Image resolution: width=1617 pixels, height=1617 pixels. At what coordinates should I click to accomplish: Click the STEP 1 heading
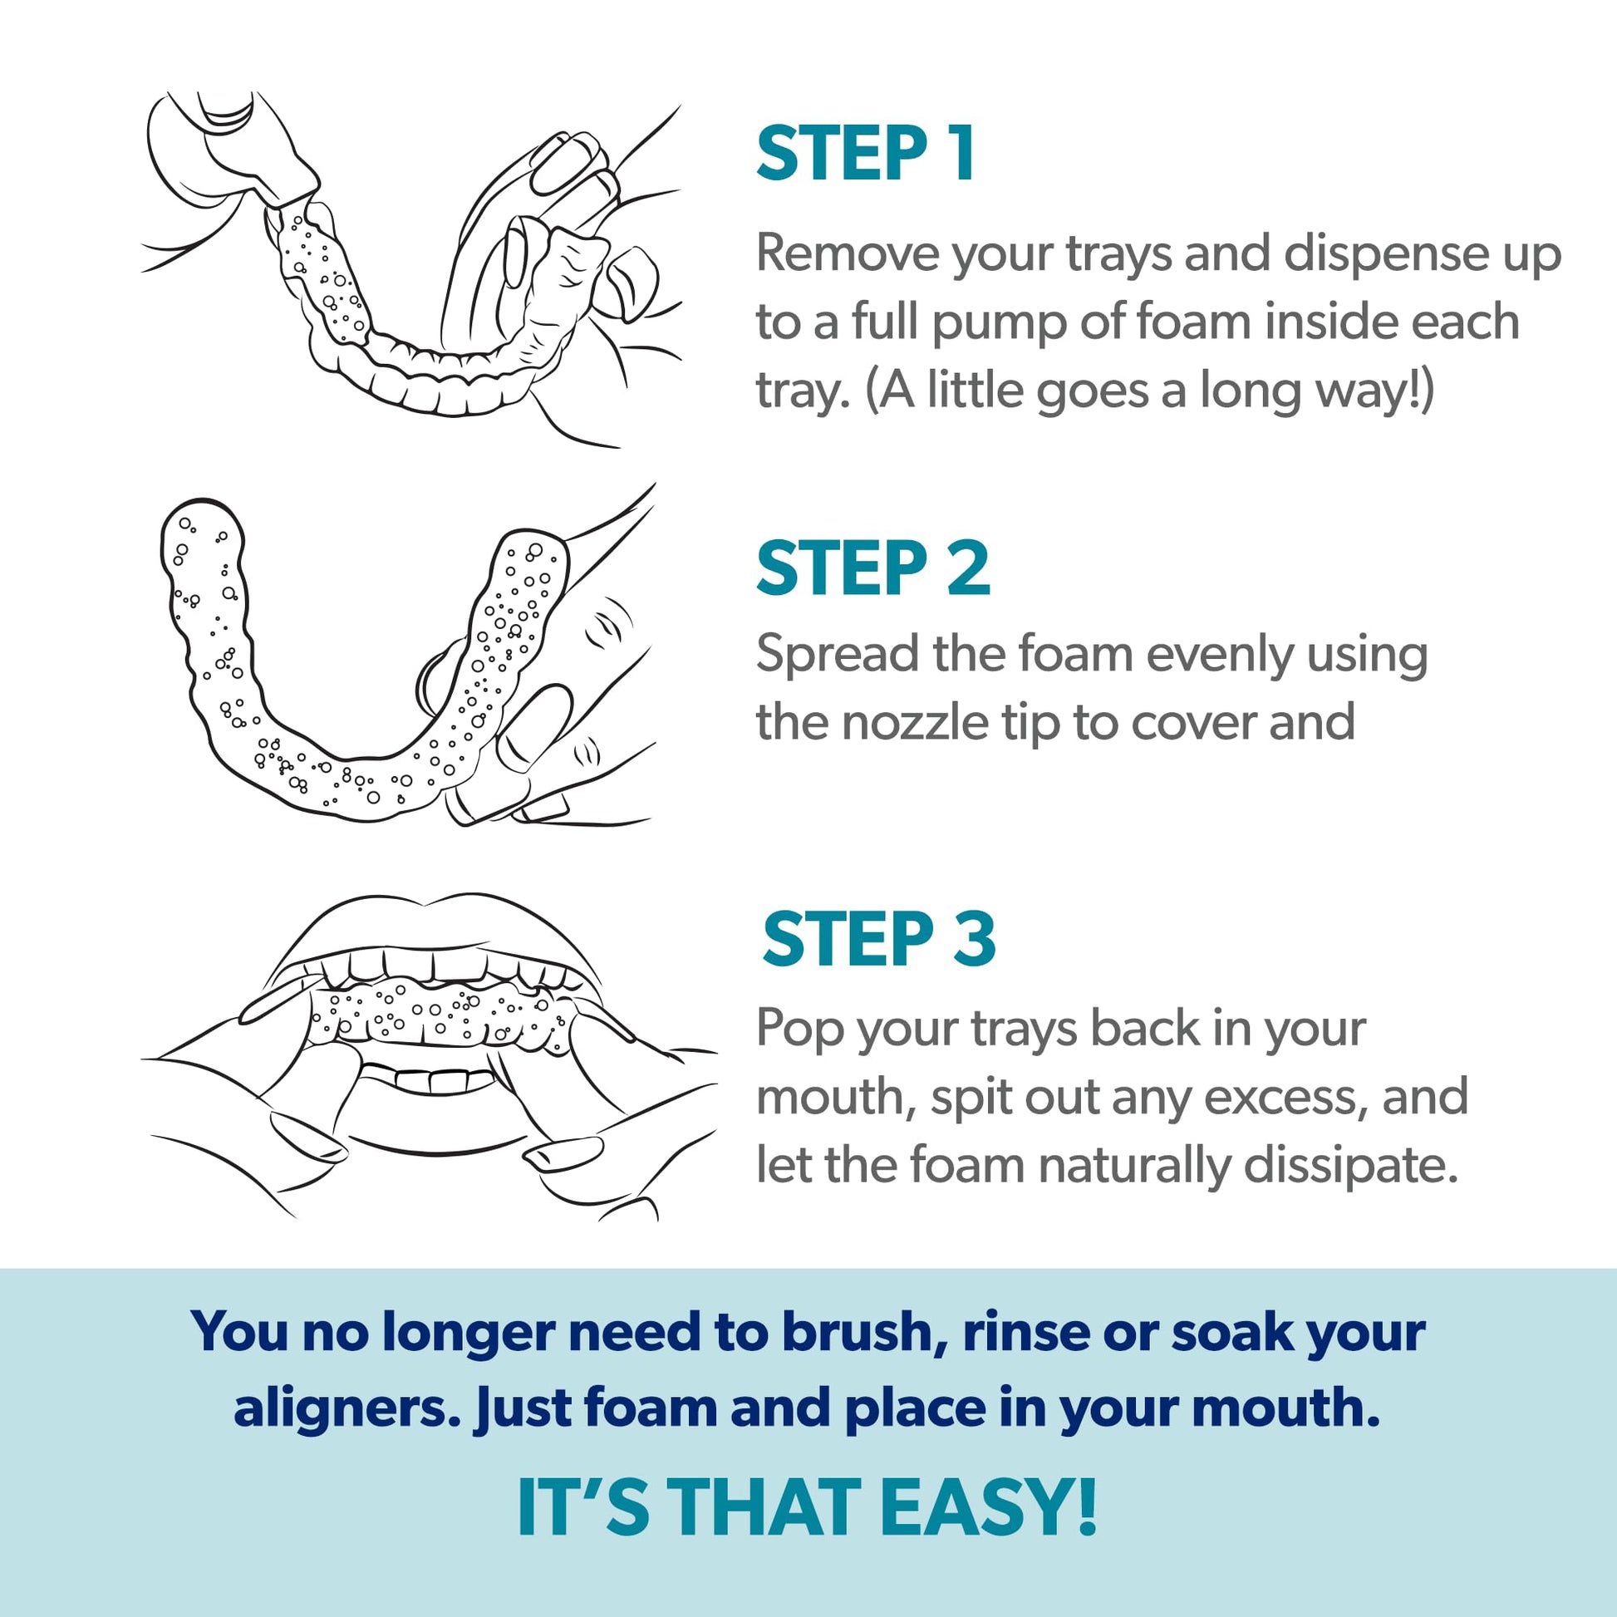point(865,153)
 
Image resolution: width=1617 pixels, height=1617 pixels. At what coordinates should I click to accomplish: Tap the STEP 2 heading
point(873,568)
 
